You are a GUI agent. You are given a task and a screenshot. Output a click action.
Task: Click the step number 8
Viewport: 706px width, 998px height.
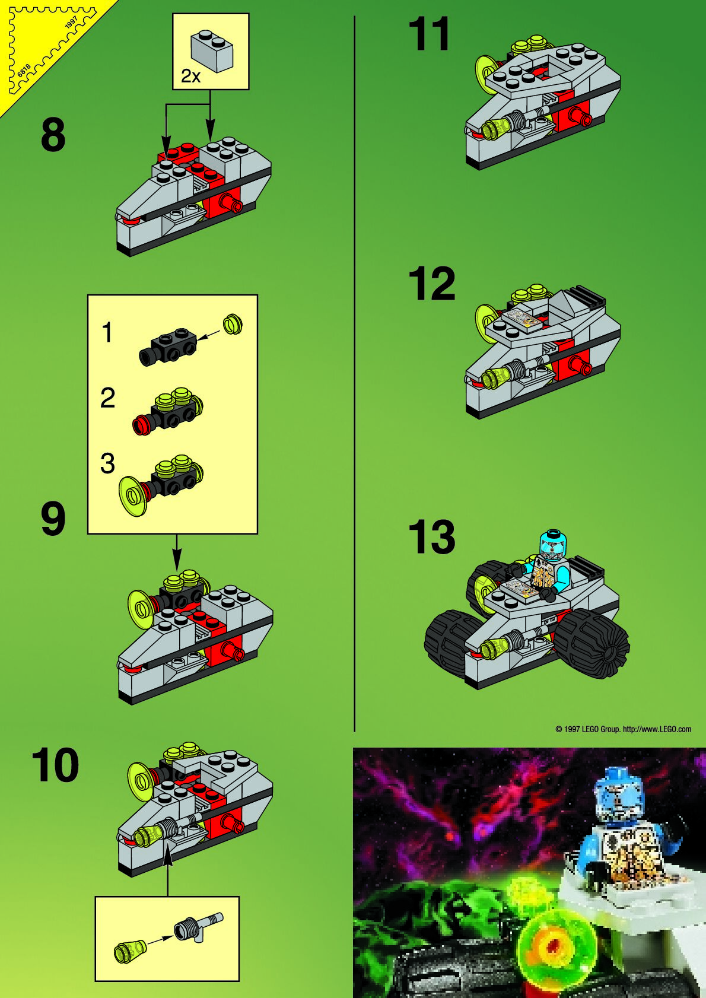click(53, 135)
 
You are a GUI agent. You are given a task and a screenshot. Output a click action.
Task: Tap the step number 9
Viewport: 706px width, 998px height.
click(53, 519)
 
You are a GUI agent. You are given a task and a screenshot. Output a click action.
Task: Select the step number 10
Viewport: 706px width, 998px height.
click(55, 765)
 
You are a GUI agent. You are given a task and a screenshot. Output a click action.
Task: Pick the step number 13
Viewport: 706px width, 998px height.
click(432, 537)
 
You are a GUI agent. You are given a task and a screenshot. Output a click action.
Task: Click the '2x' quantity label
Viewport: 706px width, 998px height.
click(190, 77)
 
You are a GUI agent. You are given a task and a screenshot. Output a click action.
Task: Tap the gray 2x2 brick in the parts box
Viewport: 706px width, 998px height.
click(212, 51)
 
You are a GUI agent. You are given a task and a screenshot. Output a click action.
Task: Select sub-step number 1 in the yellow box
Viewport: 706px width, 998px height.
click(107, 332)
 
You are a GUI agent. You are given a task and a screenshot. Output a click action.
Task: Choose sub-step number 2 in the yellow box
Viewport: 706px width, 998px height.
click(108, 398)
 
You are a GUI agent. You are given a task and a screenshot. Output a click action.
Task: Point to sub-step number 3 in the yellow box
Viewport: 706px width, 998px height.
click(108, 463)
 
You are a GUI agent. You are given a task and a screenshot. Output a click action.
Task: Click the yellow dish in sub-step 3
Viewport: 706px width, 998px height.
click(133, 496)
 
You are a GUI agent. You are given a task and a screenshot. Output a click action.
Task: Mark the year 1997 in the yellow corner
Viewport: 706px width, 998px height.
click(72, 23)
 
